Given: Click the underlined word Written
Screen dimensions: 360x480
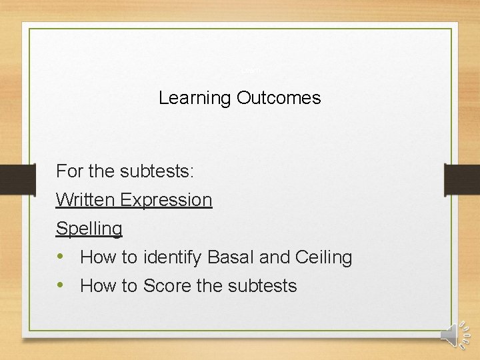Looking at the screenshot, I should click(x=85, y=200).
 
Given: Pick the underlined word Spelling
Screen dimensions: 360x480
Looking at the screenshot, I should click(x=89, y=229).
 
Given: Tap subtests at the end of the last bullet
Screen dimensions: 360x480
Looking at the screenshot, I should click(x=262, y=286).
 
